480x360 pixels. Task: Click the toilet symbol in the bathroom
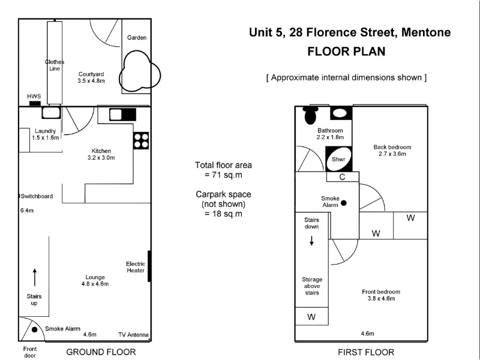310,115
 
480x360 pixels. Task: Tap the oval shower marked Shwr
338,159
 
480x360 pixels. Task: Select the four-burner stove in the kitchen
141,140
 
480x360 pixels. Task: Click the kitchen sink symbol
123,115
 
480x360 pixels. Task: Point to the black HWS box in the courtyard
35,103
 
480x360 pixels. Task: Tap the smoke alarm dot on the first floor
344,203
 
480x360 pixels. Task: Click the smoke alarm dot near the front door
35,329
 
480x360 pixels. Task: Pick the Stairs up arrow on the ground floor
35,277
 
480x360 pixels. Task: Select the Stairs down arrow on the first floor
311,241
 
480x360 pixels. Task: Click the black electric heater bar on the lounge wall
149,266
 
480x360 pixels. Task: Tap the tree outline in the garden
140,71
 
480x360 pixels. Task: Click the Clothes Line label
55,65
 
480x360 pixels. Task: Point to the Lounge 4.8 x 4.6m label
95,280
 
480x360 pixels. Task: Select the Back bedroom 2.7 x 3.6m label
392,151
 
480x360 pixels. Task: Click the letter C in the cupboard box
342,177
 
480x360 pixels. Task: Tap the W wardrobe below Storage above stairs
311,317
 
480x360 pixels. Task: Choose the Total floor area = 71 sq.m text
223,170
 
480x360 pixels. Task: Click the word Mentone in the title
426,32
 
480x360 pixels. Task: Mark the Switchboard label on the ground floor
37,196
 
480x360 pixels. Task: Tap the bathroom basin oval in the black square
340,113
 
